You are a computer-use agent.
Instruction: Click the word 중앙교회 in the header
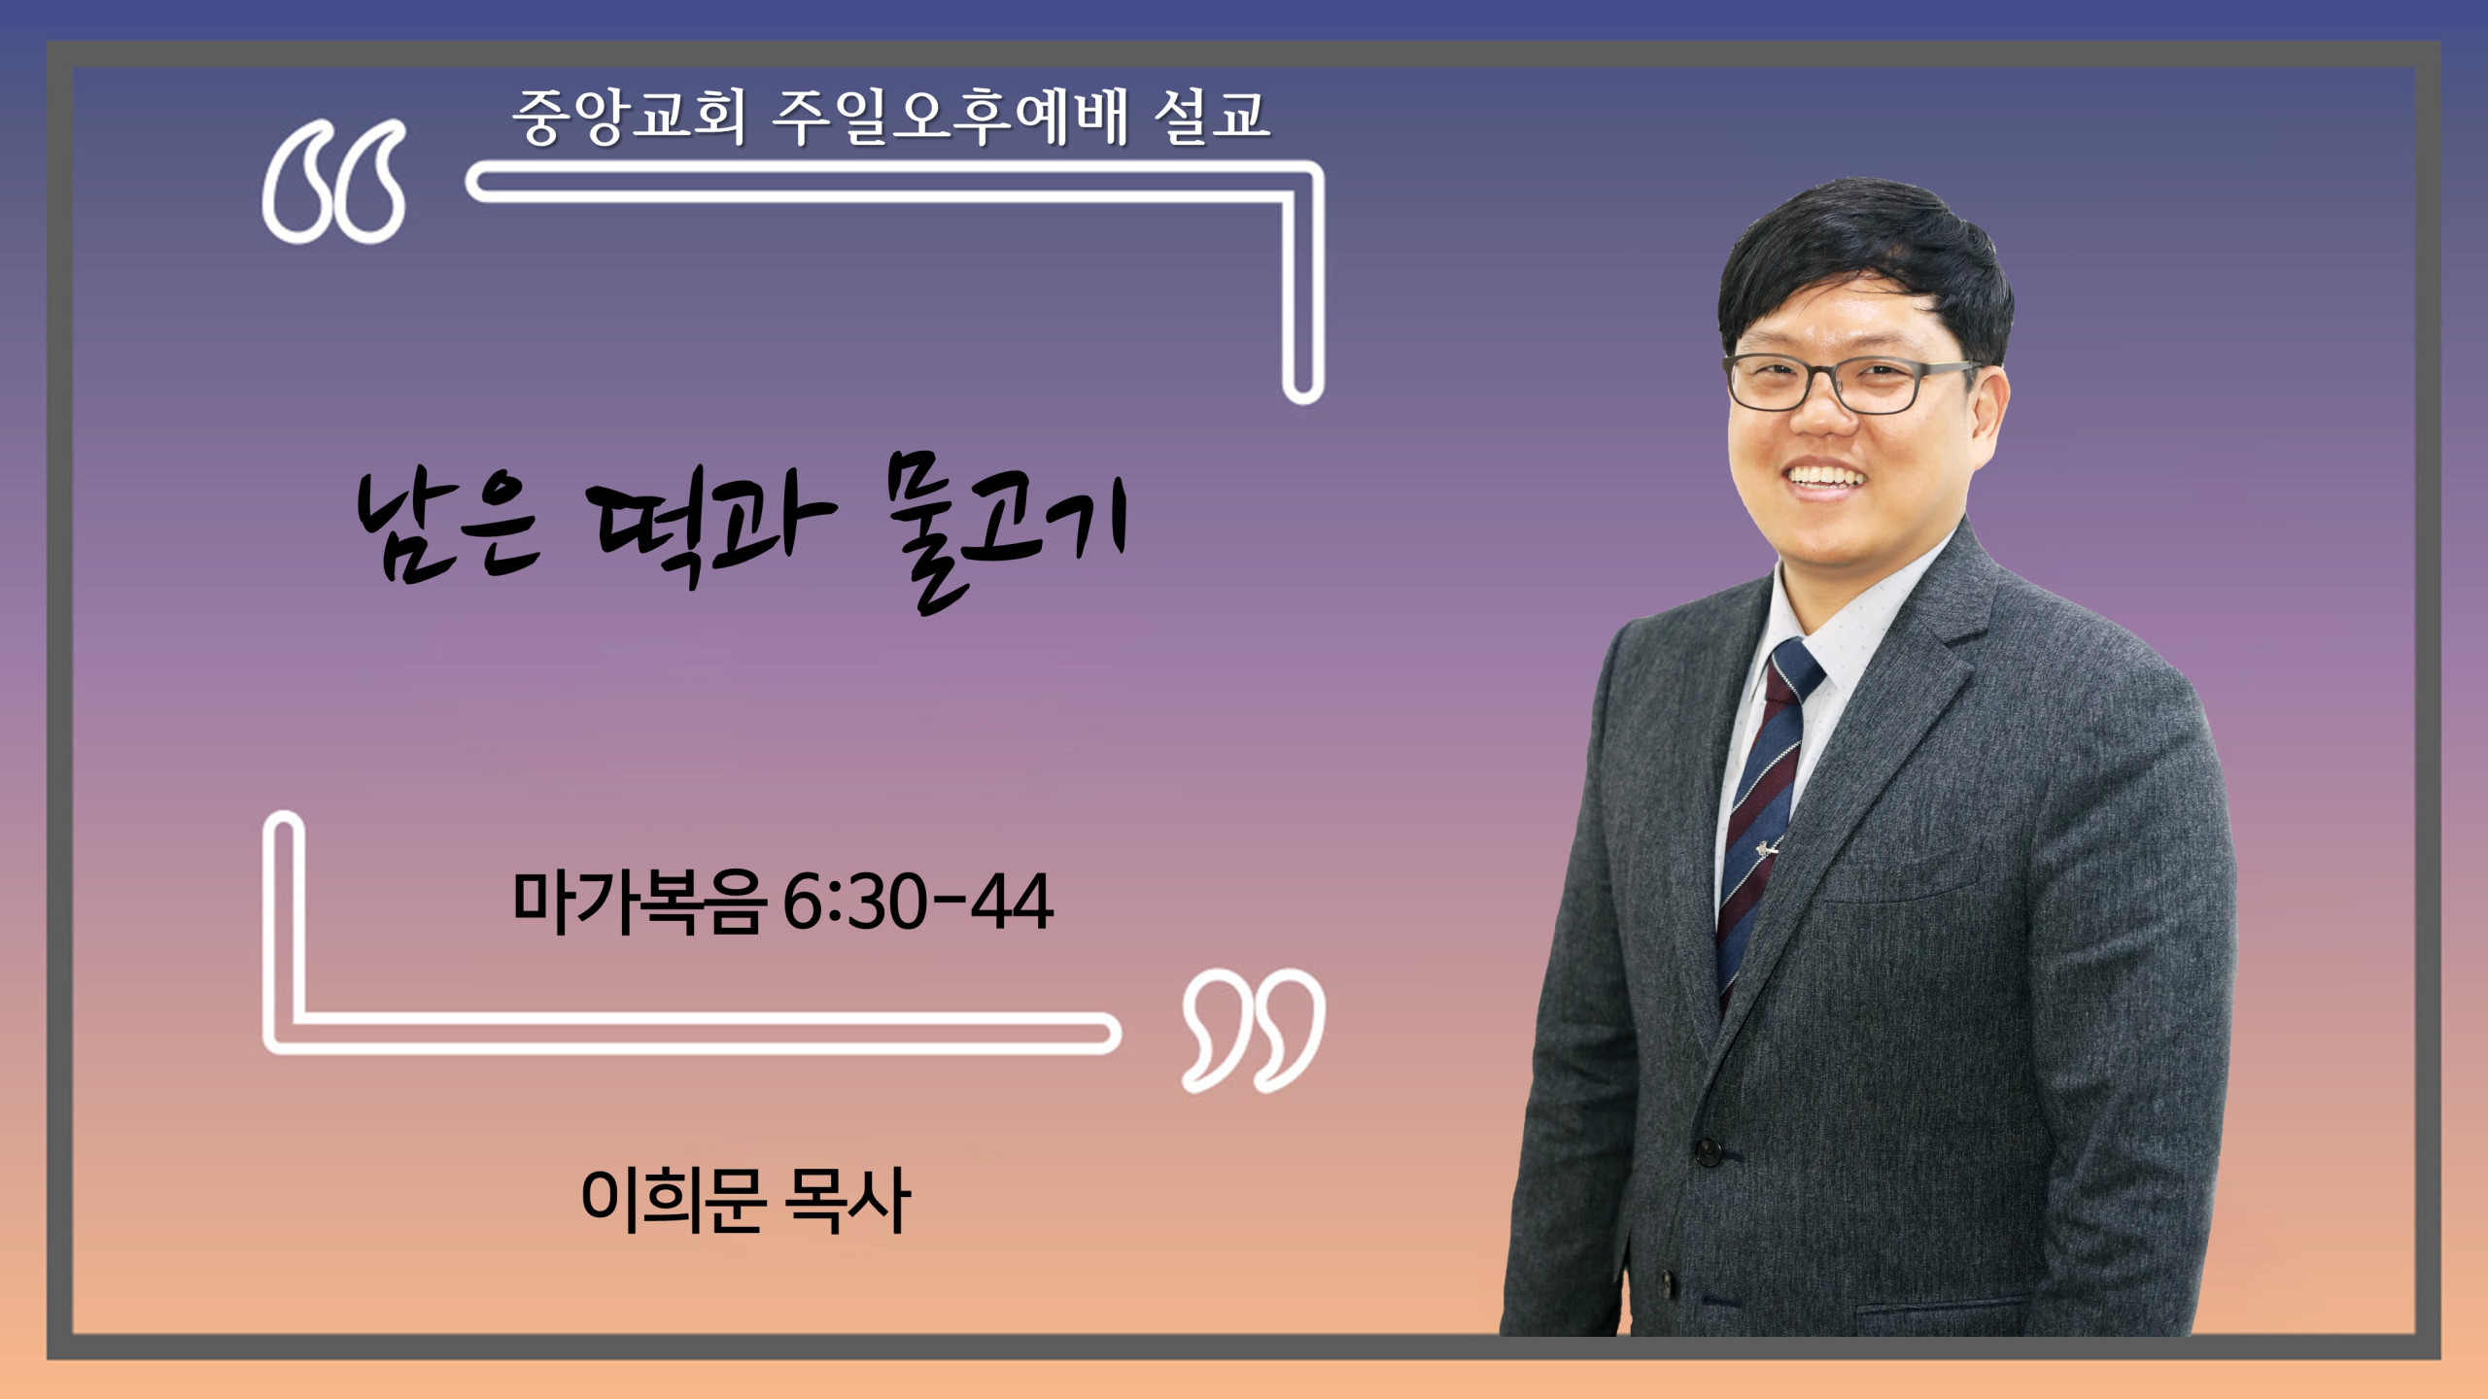(x=629, y=118)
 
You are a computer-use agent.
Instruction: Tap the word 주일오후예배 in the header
(x=950, y=118)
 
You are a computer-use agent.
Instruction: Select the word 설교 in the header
(x=1212, y=118)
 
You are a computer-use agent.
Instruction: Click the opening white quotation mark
(x=333, y=182)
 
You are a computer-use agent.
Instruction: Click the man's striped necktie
(x=1764, y=816)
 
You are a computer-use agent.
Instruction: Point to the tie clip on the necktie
(x=1767, y=850)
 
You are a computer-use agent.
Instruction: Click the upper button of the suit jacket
(x=1708, y=1153)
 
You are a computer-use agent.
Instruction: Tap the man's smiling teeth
(x=1826, y=478)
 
